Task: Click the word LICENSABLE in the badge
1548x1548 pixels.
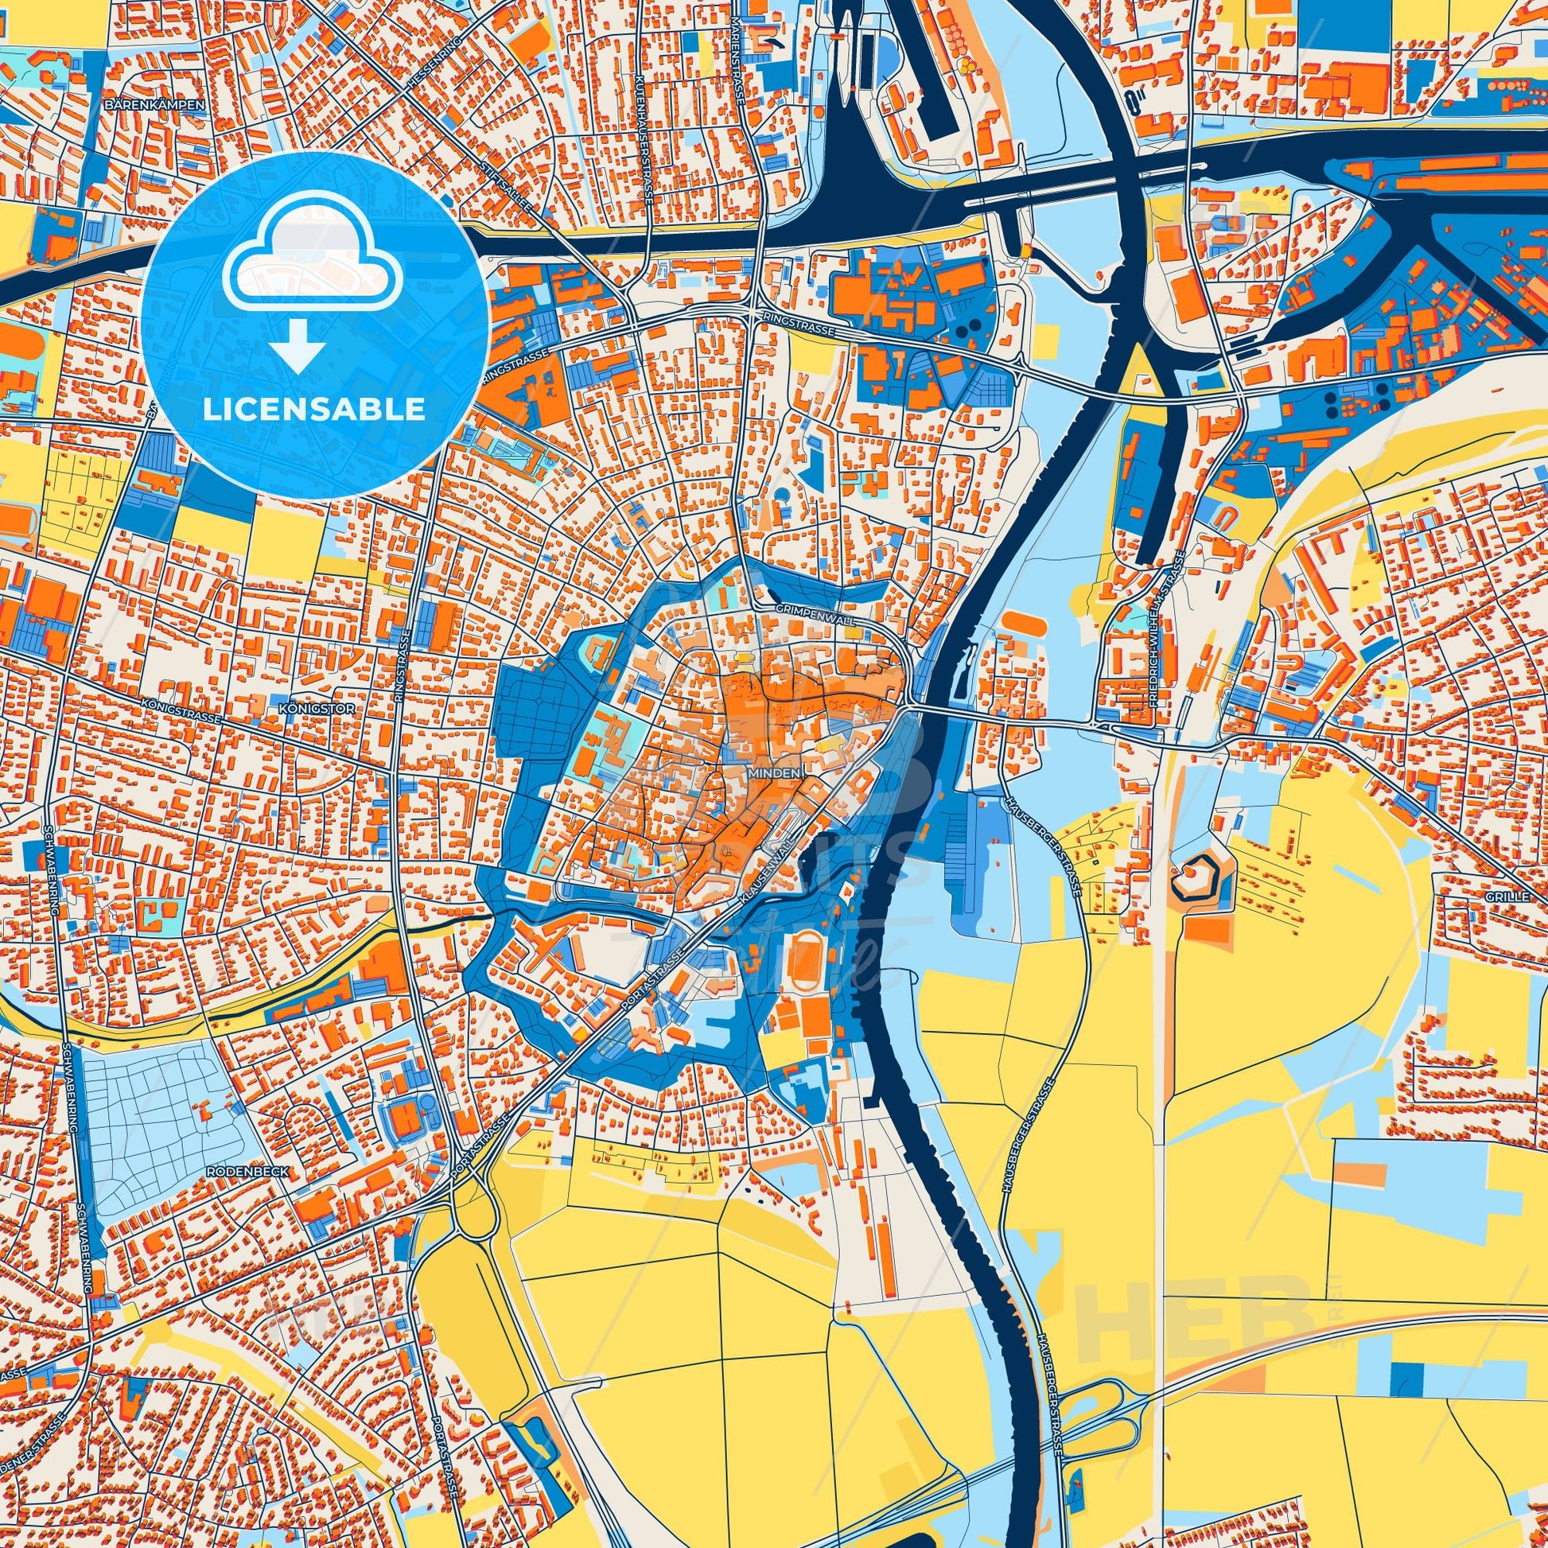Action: click(x=314, y=410)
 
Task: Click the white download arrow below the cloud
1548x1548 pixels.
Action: click(x=297, y=346)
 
